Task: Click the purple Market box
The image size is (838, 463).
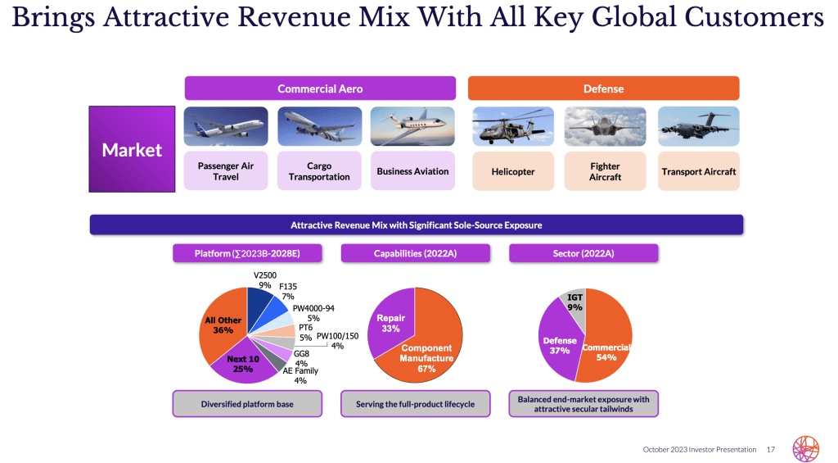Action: [132, 149]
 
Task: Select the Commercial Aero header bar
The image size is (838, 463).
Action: [320, 89]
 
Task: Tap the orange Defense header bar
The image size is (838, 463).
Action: [603, 89]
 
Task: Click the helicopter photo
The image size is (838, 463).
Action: [513, 126]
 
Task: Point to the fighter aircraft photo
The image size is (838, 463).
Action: [606, 126]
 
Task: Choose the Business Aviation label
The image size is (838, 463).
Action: [412, 171]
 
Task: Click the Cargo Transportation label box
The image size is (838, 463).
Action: [319, 171]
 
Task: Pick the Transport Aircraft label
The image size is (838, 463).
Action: [698, 171]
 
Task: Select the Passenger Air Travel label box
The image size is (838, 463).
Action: [226, 171]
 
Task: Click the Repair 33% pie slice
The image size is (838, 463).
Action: [390, 324]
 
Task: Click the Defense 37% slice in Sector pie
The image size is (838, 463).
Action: [560, 344]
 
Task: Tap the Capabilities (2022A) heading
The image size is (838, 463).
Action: [415, 254]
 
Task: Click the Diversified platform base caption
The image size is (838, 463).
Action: [246, 404]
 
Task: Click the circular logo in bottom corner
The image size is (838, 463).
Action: [805, 447]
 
